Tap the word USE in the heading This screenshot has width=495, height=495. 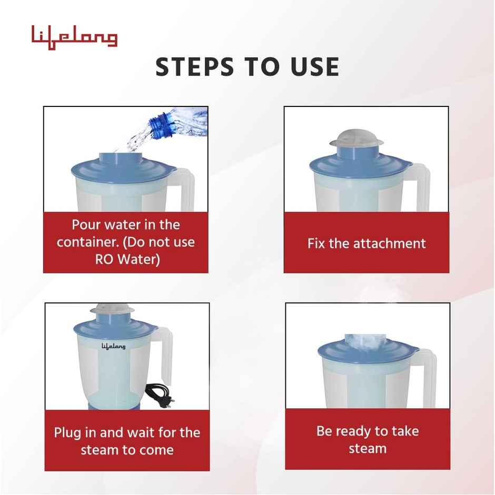[x=313, y=67]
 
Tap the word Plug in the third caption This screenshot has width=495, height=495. [x=67, y=433]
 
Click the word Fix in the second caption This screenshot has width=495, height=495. [x=316, y=243]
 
